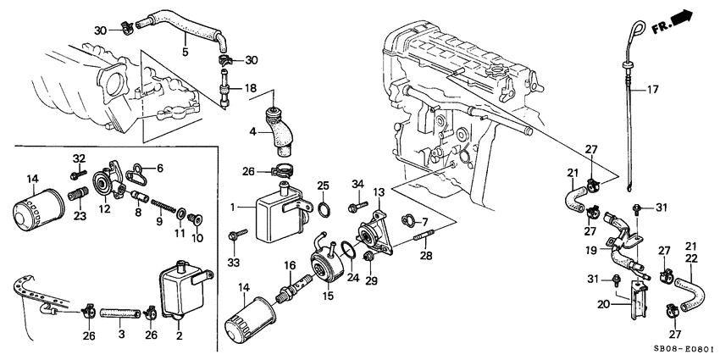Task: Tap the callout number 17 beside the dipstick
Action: click(653, 89)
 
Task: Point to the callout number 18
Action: click(250, 88)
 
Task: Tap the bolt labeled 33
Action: click(236, 232)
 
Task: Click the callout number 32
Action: click(78, 158)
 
